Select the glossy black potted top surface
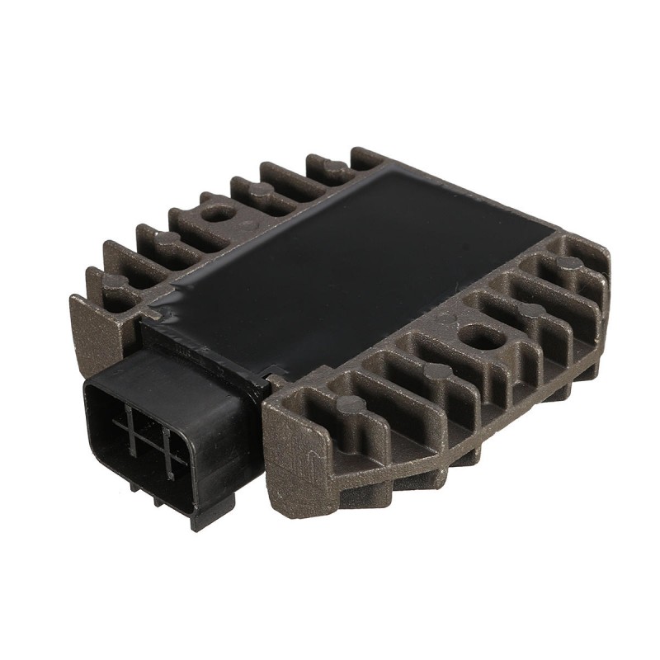355,264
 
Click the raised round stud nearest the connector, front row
351,404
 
